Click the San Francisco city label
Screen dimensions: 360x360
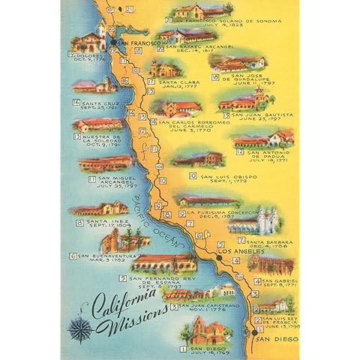point(138,45)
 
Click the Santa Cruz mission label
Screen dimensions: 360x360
point(97,103)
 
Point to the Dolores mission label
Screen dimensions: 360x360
point(88,54)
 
